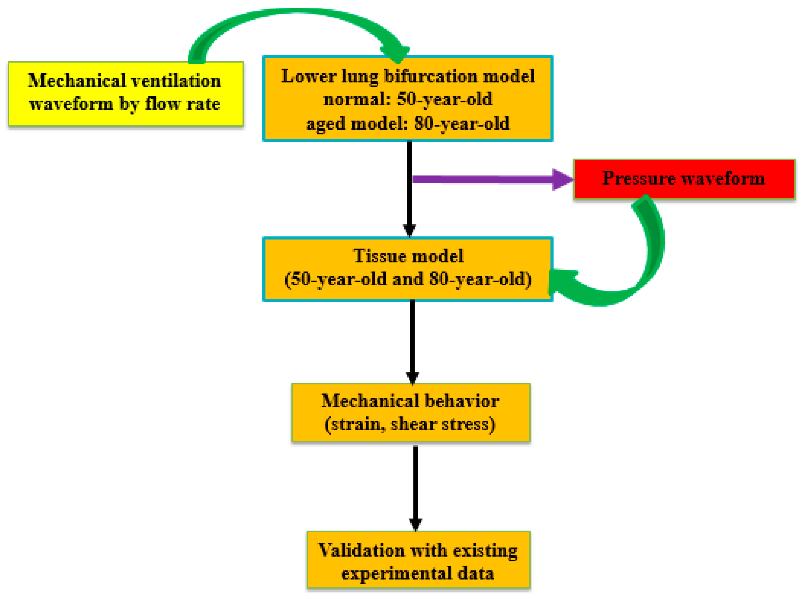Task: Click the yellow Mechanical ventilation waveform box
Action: tap(125, 94)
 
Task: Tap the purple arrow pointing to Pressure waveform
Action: tap(487, 179)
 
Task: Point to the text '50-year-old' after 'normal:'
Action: tap(444, 99)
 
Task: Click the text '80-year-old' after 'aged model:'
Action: tap(462, 124)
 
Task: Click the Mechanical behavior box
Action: tap(411, 412)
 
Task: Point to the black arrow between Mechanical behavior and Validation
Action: tap(415, 487)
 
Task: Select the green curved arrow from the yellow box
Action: tap(291, 14)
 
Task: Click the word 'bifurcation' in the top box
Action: tap(431, 77)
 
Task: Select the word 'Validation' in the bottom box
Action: tap(361, 550)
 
